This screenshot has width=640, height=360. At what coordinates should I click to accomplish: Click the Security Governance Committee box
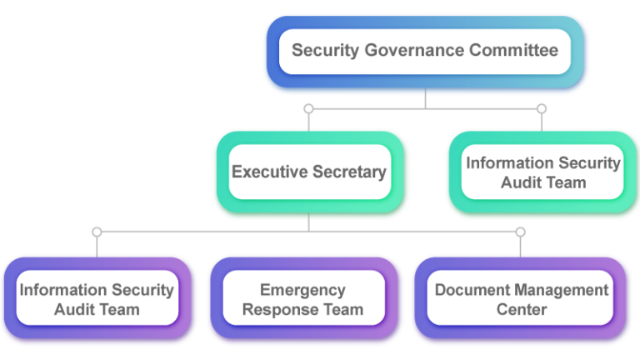pos(425,51)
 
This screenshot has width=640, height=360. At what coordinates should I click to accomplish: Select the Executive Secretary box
pos(309,172)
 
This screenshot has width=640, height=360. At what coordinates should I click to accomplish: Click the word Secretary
pos(348,172)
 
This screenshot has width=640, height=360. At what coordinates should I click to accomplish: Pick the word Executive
pos(269,172)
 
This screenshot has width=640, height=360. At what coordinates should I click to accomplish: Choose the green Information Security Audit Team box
pos(542,172)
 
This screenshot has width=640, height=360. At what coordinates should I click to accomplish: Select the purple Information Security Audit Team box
pos(97,299)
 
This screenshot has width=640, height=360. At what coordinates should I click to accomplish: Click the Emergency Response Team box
pos(302,299)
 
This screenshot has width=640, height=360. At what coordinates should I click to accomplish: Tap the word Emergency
pos(302,290)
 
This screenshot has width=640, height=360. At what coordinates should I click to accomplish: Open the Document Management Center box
pos(521,299)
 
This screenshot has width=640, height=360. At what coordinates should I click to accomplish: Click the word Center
pos(522,310)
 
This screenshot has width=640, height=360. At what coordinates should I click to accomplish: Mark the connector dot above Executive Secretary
pos(309,109)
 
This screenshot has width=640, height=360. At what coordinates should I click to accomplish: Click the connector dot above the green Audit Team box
pos(542,109)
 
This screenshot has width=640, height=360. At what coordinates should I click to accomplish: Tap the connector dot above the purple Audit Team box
pos(97,231)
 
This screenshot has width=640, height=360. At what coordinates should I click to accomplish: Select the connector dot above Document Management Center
pos(521,231)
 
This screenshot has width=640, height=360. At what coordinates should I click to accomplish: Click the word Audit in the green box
pos(520,182)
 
